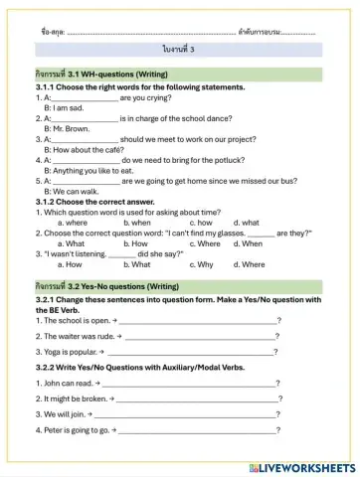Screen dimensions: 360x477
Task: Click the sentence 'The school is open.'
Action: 71,320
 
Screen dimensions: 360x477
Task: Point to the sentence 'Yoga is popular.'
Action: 66,351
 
